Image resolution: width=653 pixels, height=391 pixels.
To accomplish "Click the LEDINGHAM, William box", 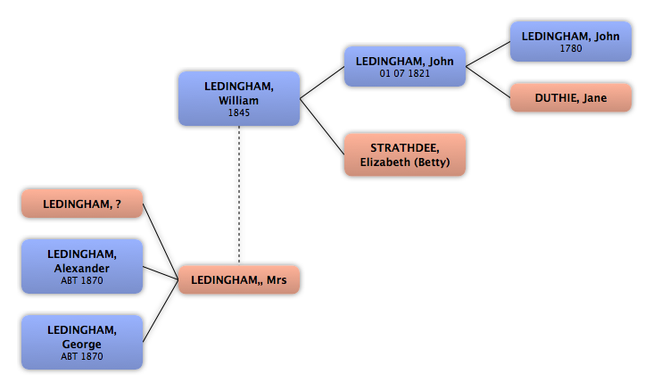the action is pyautogui.click(x=239, y=99).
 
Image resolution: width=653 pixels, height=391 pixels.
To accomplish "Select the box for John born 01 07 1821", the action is pyautogui.click(x=405, y=67).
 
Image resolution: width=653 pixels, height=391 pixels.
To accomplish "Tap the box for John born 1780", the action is pyautogui.click(x=571, y=42).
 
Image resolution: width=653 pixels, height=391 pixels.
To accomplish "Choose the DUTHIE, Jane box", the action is pyautogui.click(x=571, y=97).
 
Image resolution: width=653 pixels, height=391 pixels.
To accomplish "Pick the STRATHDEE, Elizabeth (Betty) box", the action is pyautogui.click(x=405, y=154).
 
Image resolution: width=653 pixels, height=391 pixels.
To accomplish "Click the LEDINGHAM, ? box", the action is pyautogui.click(x=82, y=204).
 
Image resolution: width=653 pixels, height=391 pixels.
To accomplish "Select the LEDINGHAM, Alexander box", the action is pyautogui.click(x=82, y=266).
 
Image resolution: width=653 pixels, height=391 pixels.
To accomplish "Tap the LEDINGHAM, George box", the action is pyautogui.click(x=82, y=342).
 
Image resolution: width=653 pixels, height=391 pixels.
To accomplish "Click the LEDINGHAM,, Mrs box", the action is pyautogui.click(x=239, y=279).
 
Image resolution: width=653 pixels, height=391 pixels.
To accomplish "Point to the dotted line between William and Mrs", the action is pyautogui.click(x=239, y=195).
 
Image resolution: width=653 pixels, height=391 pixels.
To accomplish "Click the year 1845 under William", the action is pyautogui.click(x=239, y=112).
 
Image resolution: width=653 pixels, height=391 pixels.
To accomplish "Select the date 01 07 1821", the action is pyautogui.click(x=405, y=73).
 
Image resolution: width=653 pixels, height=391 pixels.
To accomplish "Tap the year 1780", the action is pyautogui.click(x=571, y=48).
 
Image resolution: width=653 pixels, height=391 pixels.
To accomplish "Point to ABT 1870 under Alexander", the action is pyautogui.click(x=82, y=280).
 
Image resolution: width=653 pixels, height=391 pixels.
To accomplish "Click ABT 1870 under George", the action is pyautogui.click(x=82, y=356).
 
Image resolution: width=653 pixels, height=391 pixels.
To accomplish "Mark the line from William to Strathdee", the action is pyautogui.click(x=322, y=127).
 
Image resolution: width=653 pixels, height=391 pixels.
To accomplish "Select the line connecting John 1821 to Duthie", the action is pyautogui.click(x=488, y=82).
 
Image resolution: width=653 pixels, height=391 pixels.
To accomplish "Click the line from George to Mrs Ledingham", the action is pyautogui.click(x=161, y=311).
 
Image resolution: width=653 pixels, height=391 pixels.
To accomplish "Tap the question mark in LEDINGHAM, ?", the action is pyautogui.click(x=119, y=204).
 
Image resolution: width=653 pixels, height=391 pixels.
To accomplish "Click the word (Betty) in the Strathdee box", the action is pyautogui.click(x=434, y=162).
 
